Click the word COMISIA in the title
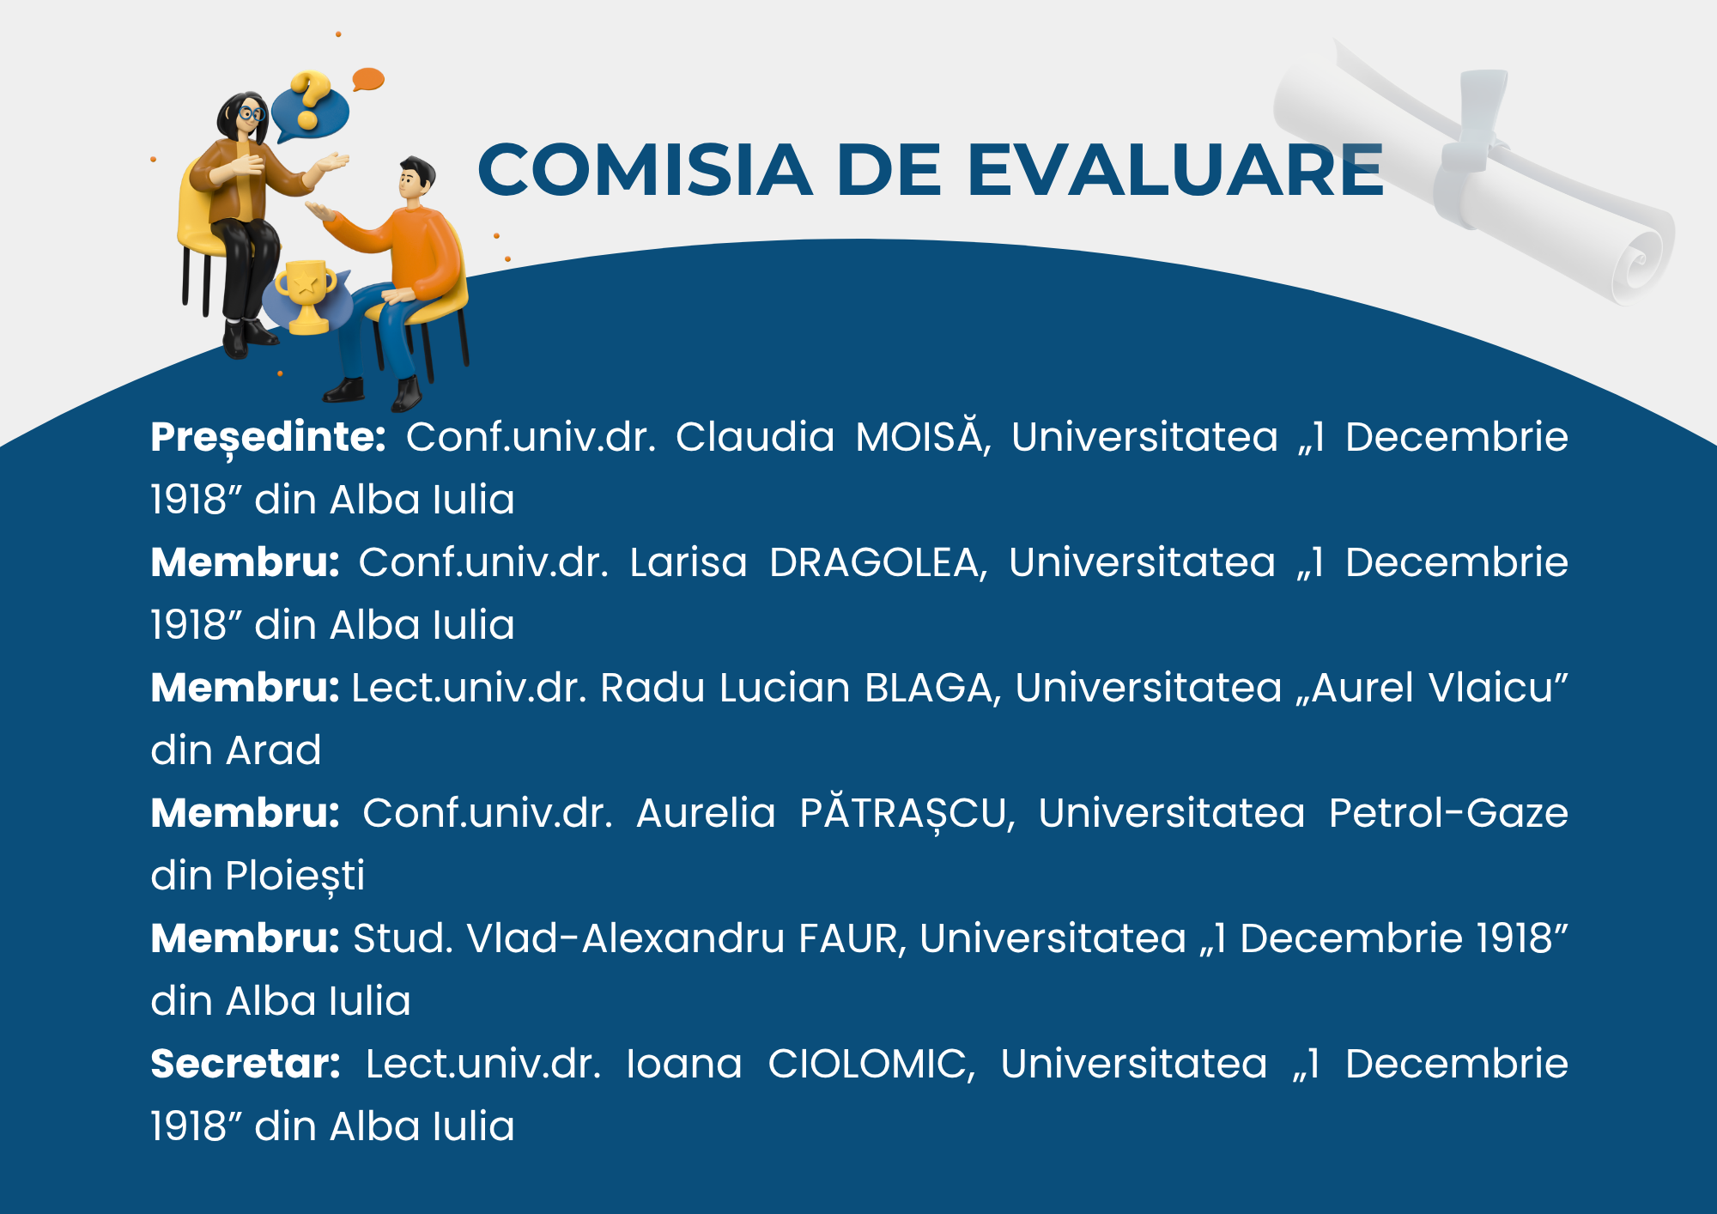tap(645, 169)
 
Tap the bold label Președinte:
tap(268, 438)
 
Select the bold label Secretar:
tap(246, 1064)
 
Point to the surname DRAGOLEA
tap(877, 563)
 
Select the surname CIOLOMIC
tap(871, 1065)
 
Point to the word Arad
tap(273, 750)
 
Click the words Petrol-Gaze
tap(1448, 813)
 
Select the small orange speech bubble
tap(368, 79)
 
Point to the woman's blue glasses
tap(252, 113)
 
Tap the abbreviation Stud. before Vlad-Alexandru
tap(403, 938)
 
